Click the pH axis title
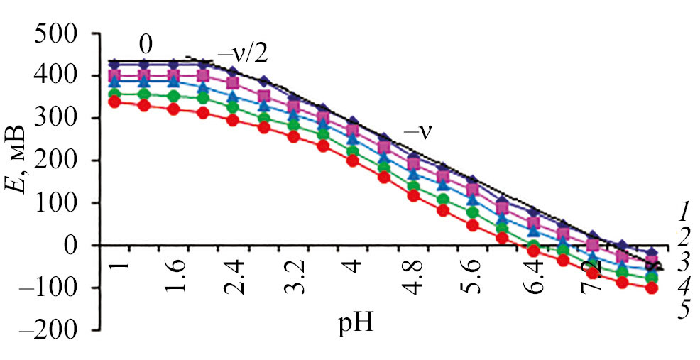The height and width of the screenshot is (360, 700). point(356,325)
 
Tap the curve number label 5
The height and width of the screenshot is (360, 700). point(682,310)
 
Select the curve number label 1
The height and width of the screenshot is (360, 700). point(682,211)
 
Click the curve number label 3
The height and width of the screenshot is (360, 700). point(682,262)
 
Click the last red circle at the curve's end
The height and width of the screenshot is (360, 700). point(651,288)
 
